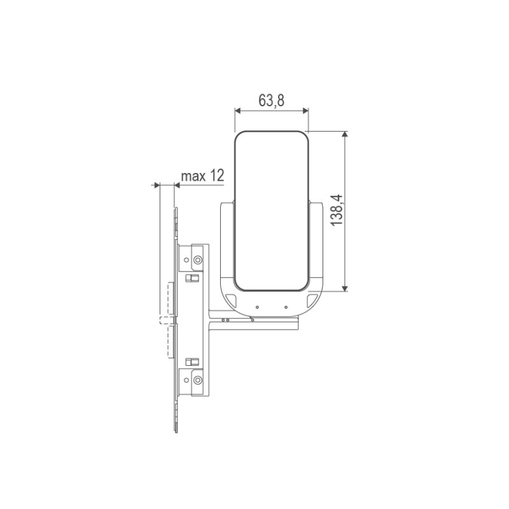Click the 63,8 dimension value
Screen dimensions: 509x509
click(x=271, y=101)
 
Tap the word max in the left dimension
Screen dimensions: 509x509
click(x=193, y=176)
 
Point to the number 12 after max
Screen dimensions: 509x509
click(x=217, y=176)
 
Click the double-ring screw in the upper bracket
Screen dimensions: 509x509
click(x=199, y=260)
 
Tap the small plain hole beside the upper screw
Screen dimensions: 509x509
click(x=187, y=260)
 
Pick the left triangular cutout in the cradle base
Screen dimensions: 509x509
click(x=230, y=299)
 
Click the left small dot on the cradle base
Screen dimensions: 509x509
click(x=257, y=307)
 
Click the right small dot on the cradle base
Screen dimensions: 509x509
click(x=286, y=307)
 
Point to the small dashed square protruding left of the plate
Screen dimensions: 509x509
click(x=164, y=319)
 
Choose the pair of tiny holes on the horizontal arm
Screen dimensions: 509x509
click(x=225, y=320)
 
